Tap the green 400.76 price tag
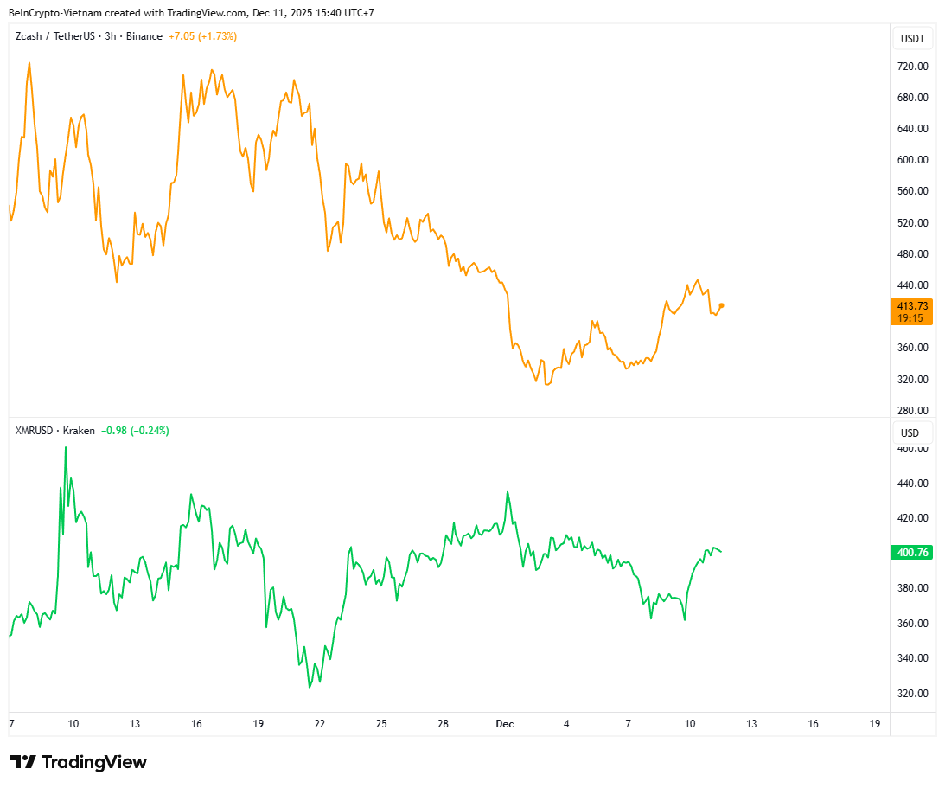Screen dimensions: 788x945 click(912, 553)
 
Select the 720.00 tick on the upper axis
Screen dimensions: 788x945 click(912, 67)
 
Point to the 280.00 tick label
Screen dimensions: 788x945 click(912, 410)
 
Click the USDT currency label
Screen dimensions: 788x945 click(912, 39)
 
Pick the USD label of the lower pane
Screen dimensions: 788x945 click(910, 433)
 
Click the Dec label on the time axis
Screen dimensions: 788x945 click(504, 724)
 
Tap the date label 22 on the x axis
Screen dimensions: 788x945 click(320, 724)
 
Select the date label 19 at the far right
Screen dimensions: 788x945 click(874, 724)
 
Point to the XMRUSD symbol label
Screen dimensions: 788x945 click(35, 431)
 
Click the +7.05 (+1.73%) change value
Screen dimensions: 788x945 click(202, 36)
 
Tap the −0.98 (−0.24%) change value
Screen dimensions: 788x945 click(135, 431)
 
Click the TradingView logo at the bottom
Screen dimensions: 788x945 click(79, 762)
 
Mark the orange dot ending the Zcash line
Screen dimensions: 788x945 click(722, 305)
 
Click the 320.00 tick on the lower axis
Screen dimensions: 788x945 click(912, 694)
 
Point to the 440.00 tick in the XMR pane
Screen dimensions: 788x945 click(912, 484)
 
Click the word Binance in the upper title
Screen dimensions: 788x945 click(144, 36)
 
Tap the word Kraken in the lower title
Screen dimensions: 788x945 click(79, 431)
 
